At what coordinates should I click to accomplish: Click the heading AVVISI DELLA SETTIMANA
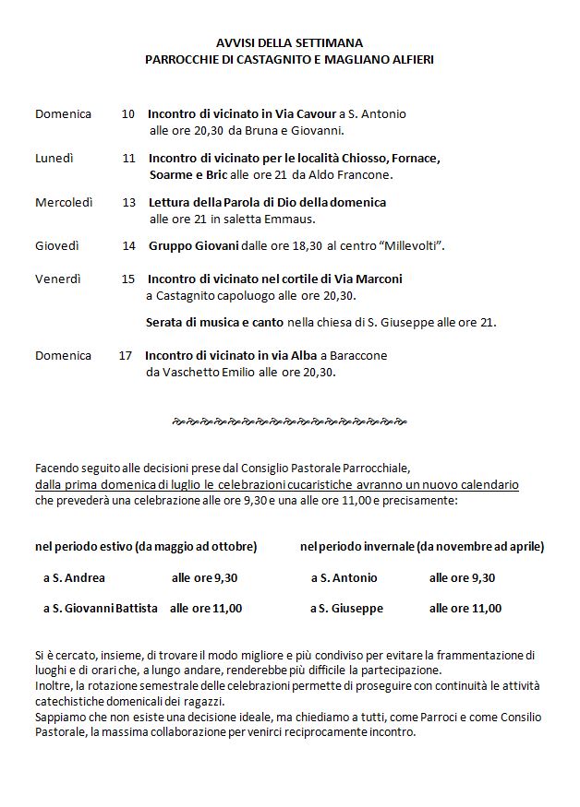pyautogui.click(x=289, y=42)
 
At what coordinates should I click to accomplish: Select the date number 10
pyautogui.click(x=128, y=114)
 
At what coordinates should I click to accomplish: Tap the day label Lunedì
pyautogui.click(x=54, y=159)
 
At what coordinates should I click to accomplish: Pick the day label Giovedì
pyautogui.click(x=57, y=246)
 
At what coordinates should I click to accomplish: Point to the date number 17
pyautogui.click(x=126, y=355)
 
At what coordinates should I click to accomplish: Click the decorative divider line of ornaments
pyautogui.click(x=289, y=421)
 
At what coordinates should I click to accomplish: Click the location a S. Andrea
pyautogui.click(x=74, y=578)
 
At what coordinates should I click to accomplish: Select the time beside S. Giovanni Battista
pyautogui.click(x=206, y=609)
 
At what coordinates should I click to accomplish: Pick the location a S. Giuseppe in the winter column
pyautogui.click(x=346, y=609)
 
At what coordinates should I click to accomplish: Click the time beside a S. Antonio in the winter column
pyautogui.click(x=462, y=578)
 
